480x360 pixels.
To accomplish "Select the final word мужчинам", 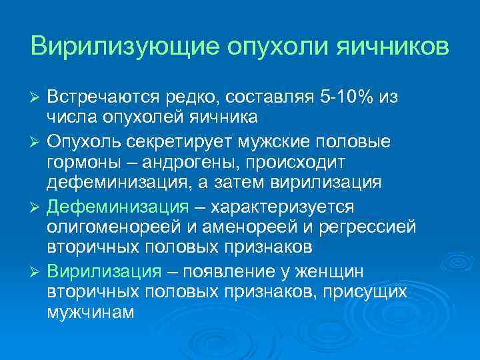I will coord(90,311).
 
